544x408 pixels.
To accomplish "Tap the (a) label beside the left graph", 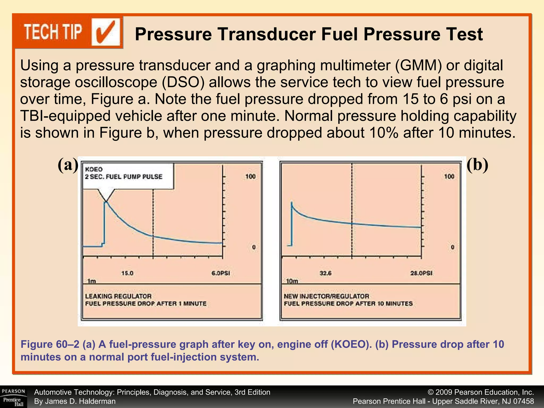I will (x=68, y=165).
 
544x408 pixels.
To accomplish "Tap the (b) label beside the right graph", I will (x=477, y=165).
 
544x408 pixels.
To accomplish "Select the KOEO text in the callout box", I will (x=94, y=169).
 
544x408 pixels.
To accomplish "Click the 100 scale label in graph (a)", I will (x=250, y=177).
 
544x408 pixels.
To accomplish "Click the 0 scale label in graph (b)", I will (x=453, y=247).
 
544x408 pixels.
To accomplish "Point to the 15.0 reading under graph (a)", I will (x=127, y=273).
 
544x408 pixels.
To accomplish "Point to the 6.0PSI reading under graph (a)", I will (x=221, y=273).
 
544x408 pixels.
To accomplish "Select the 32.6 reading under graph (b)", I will (x=326, y=273).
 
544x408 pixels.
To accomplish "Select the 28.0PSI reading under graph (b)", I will (x=421, y=273).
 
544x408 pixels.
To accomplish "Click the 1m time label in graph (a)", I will (x=91, y=281).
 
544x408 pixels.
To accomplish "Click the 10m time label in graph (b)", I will (x=292, y=281).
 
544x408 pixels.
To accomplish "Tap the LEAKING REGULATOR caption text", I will (x=118, y=296).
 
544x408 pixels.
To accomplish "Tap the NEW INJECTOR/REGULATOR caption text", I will (x=326, y=296).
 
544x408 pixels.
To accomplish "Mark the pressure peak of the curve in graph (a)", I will (x=105, y=202).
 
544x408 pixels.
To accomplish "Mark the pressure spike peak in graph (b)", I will (x=291, y=202).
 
